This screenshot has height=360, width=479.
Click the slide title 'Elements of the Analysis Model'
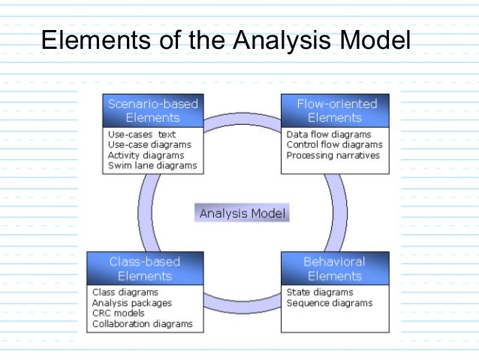[225, 39]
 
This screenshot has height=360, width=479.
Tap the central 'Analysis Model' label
[243, 213]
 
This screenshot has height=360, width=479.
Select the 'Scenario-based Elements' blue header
[152, 110]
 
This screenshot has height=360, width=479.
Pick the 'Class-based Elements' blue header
[144, 269]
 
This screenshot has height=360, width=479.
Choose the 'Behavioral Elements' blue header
[334, 269]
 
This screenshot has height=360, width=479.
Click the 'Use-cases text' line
[142, 135]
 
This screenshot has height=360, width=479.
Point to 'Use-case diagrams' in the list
[149, 144]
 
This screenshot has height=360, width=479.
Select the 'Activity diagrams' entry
[146, 155]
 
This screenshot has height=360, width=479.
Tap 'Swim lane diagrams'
[152, 165]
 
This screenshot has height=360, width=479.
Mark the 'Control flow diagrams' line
[334, 144]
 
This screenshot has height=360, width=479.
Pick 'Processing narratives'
[333, 156]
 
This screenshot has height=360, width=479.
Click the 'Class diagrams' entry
[125, 292]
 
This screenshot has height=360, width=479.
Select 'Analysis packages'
[131, 303]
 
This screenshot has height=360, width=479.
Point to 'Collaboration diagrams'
[142, 324]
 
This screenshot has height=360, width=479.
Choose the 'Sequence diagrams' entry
[329, 303]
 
